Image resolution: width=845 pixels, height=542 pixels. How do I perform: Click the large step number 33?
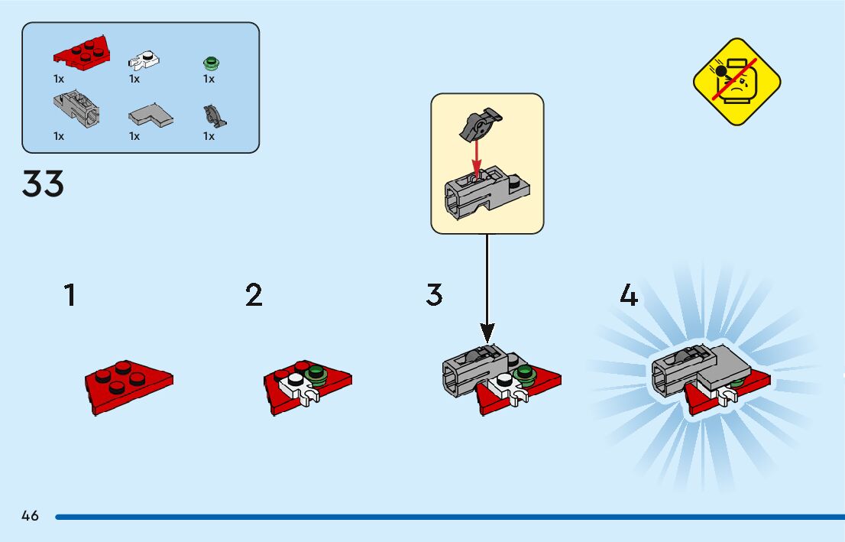(x=44, y=183)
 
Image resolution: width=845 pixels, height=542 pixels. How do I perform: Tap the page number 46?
(x=30, y=516)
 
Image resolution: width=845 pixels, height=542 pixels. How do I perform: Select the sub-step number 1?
(x=70, y=295)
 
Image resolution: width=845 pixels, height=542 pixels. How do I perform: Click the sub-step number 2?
(x=254, y=295)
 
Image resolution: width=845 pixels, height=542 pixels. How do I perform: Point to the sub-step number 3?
(x=434, y=295)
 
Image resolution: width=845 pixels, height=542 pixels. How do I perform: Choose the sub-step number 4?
(x=628, y=295)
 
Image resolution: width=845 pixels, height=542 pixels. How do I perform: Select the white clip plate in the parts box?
(x=144, y=59)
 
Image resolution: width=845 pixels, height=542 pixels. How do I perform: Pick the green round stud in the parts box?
(x=209, y=63)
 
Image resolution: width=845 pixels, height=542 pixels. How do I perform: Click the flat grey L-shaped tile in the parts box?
(x=151, y=115)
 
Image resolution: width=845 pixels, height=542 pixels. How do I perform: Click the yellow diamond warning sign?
(x=737, y=82)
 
